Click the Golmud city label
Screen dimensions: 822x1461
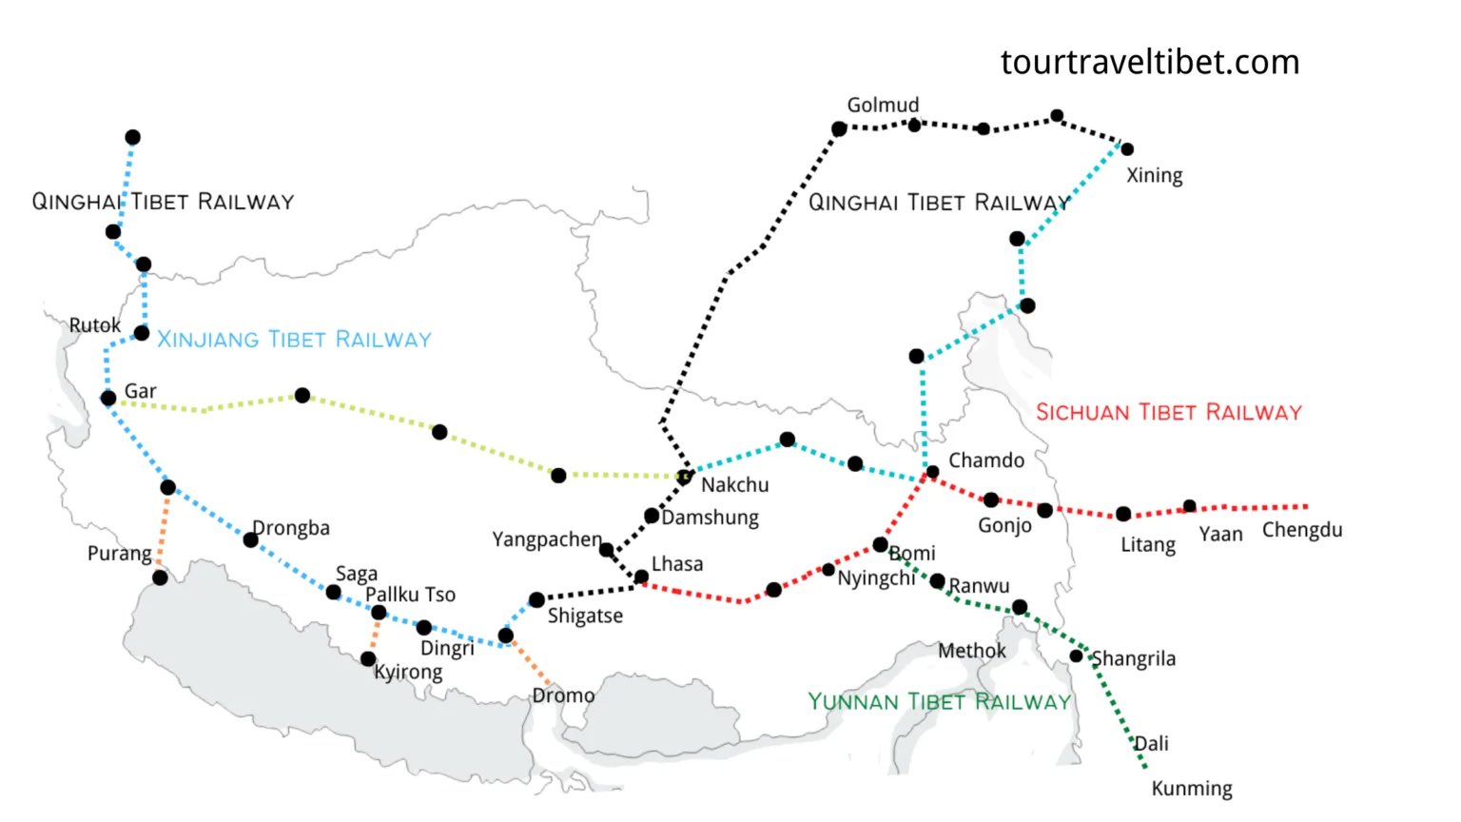point(883,105)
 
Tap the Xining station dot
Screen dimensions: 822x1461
point(1127,148)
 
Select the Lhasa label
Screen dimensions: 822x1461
point(677,563)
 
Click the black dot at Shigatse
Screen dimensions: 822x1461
point(536,599)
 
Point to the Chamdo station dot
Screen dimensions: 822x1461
point(932,472)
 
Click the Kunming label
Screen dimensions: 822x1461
point(1192,789)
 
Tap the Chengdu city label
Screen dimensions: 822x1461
point(1302,530)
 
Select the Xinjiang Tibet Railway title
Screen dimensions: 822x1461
point(294,340)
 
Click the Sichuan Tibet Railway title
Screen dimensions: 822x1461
point(1168,412)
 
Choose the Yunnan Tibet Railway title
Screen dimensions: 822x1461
point(939,702)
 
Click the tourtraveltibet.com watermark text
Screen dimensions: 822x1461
point(1149,63)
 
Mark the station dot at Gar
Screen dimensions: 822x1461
point(108,398)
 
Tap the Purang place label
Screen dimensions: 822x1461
point(120,554)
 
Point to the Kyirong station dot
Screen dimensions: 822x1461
point(368,658)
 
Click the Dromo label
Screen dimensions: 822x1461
point(563,695)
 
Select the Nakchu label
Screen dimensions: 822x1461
point(734,485)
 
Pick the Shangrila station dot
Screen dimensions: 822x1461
point(1076,656)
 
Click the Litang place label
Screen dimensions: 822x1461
point(1148,545)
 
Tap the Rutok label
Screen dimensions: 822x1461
point(95,325)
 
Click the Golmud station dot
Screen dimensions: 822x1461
point(839,128)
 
